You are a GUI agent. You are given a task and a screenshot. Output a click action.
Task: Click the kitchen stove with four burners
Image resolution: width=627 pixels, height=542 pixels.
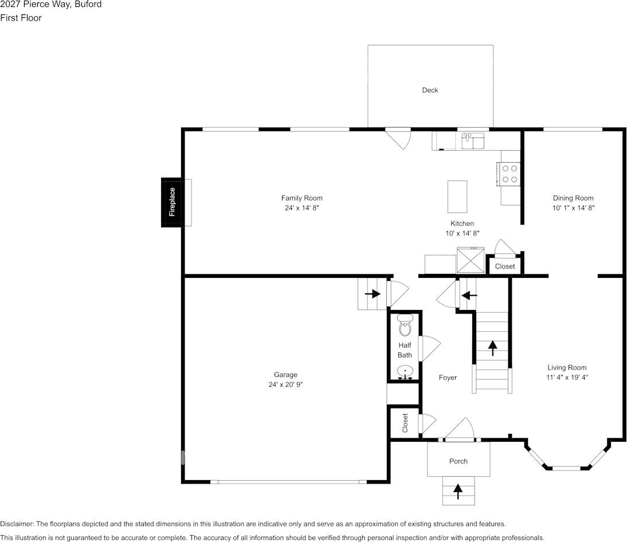tap(510, 174)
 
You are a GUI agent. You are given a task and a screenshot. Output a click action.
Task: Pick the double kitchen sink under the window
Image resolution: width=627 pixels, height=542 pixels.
tap(473, 140)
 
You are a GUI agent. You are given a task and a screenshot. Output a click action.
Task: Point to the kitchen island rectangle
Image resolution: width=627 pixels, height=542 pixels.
tap(457, 197)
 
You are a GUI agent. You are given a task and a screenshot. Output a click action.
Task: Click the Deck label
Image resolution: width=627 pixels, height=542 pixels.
tap(430, 90)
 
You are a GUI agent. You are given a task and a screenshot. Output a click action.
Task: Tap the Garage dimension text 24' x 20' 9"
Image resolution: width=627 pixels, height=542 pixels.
tap(285, 385)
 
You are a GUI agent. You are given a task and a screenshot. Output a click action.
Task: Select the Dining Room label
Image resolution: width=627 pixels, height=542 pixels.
tap(573, 198)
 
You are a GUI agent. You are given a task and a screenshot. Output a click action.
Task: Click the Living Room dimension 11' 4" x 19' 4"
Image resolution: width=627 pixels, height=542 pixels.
tap(567, 378)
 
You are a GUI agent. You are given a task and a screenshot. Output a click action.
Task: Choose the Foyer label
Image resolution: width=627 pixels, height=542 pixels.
tap(448, 378)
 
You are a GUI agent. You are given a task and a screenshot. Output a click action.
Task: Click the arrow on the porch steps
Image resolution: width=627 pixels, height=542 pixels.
tap(458, 491)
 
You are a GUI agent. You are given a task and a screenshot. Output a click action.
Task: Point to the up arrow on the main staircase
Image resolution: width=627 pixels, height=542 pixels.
tap(492, 347)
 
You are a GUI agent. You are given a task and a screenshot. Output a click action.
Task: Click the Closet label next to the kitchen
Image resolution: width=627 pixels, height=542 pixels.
tap(505, 266)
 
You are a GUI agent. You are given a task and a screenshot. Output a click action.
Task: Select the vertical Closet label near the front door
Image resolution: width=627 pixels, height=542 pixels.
tap(405, 423)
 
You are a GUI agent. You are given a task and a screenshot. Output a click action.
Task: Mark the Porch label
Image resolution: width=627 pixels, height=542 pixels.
tap(458, 461)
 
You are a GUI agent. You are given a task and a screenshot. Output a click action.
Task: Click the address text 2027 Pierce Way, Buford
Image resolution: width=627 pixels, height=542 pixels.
tap(51, 5)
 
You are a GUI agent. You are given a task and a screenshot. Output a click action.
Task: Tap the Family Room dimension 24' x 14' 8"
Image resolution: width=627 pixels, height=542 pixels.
tap(301, 209)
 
